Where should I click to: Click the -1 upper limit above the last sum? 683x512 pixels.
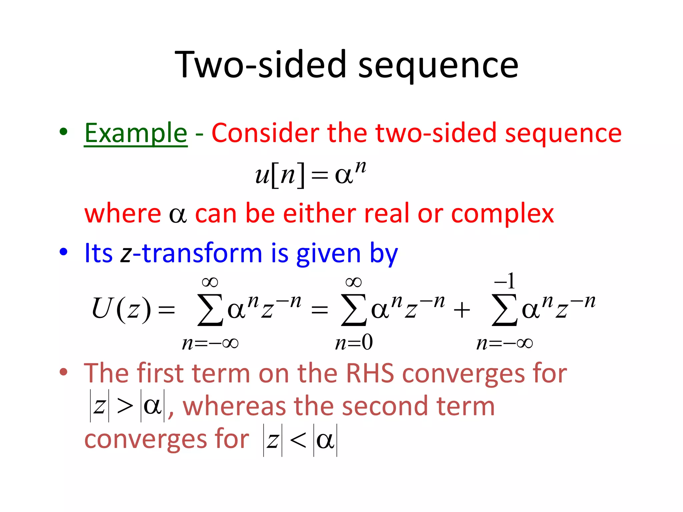point(505,281)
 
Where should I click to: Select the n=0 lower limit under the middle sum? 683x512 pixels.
point(354,343)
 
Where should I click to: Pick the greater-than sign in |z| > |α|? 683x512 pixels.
point(125,406)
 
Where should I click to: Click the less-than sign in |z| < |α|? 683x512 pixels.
point(298,440)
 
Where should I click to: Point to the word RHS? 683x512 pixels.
point(370,373)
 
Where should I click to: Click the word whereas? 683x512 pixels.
point(234,406)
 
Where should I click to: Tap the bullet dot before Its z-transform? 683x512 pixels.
point(63,252)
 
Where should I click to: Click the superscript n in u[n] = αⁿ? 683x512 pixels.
point(361,166)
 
